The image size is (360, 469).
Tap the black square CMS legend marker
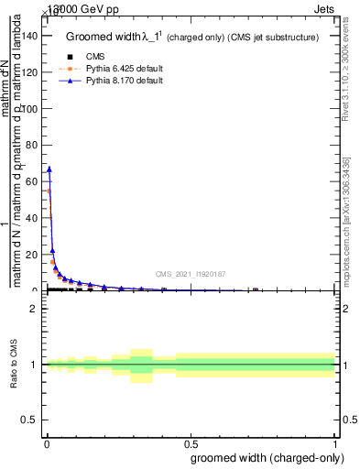(x=70, y=57)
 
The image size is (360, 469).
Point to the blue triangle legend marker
(x=70, y=81)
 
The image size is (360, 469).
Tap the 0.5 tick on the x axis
(x=191, y=442)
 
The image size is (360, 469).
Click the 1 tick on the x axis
(x=336, y=442)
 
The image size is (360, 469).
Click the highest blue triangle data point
(x=49, y=169)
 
